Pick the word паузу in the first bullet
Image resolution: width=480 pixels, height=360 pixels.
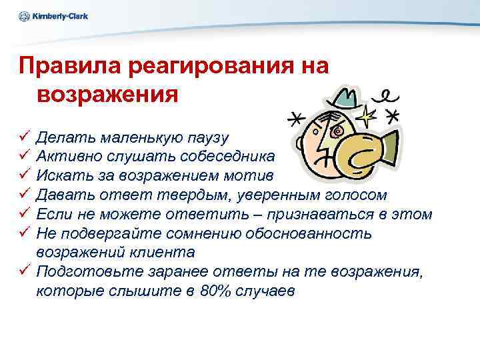click(x=206, y=138)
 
